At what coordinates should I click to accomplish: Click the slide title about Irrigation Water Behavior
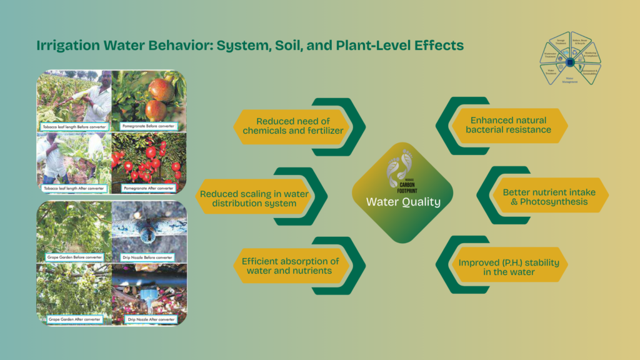coord(250,46)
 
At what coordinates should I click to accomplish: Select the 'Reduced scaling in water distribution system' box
coord(254,199)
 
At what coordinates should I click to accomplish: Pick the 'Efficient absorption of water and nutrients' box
coord(291,266)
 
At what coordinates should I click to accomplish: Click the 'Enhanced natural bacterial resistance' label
coord(508,125)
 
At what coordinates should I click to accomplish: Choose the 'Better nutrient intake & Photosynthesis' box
coord(546,197)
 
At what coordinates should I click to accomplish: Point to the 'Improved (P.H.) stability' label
coord(509,266)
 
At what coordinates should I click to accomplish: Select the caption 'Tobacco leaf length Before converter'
coord(74,127)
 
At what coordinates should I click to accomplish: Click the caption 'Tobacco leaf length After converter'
coord(74,187)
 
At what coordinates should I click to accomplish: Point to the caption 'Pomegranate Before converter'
coord(148,127)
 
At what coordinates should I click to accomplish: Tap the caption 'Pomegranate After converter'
coord(149,187)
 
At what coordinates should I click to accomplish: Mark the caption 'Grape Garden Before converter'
coord(74,257)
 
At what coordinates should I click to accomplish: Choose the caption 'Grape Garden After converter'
coord(74,319)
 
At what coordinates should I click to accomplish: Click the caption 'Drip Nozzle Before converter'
coord(148,257)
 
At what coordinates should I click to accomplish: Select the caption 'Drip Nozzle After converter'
coord(148,319)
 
